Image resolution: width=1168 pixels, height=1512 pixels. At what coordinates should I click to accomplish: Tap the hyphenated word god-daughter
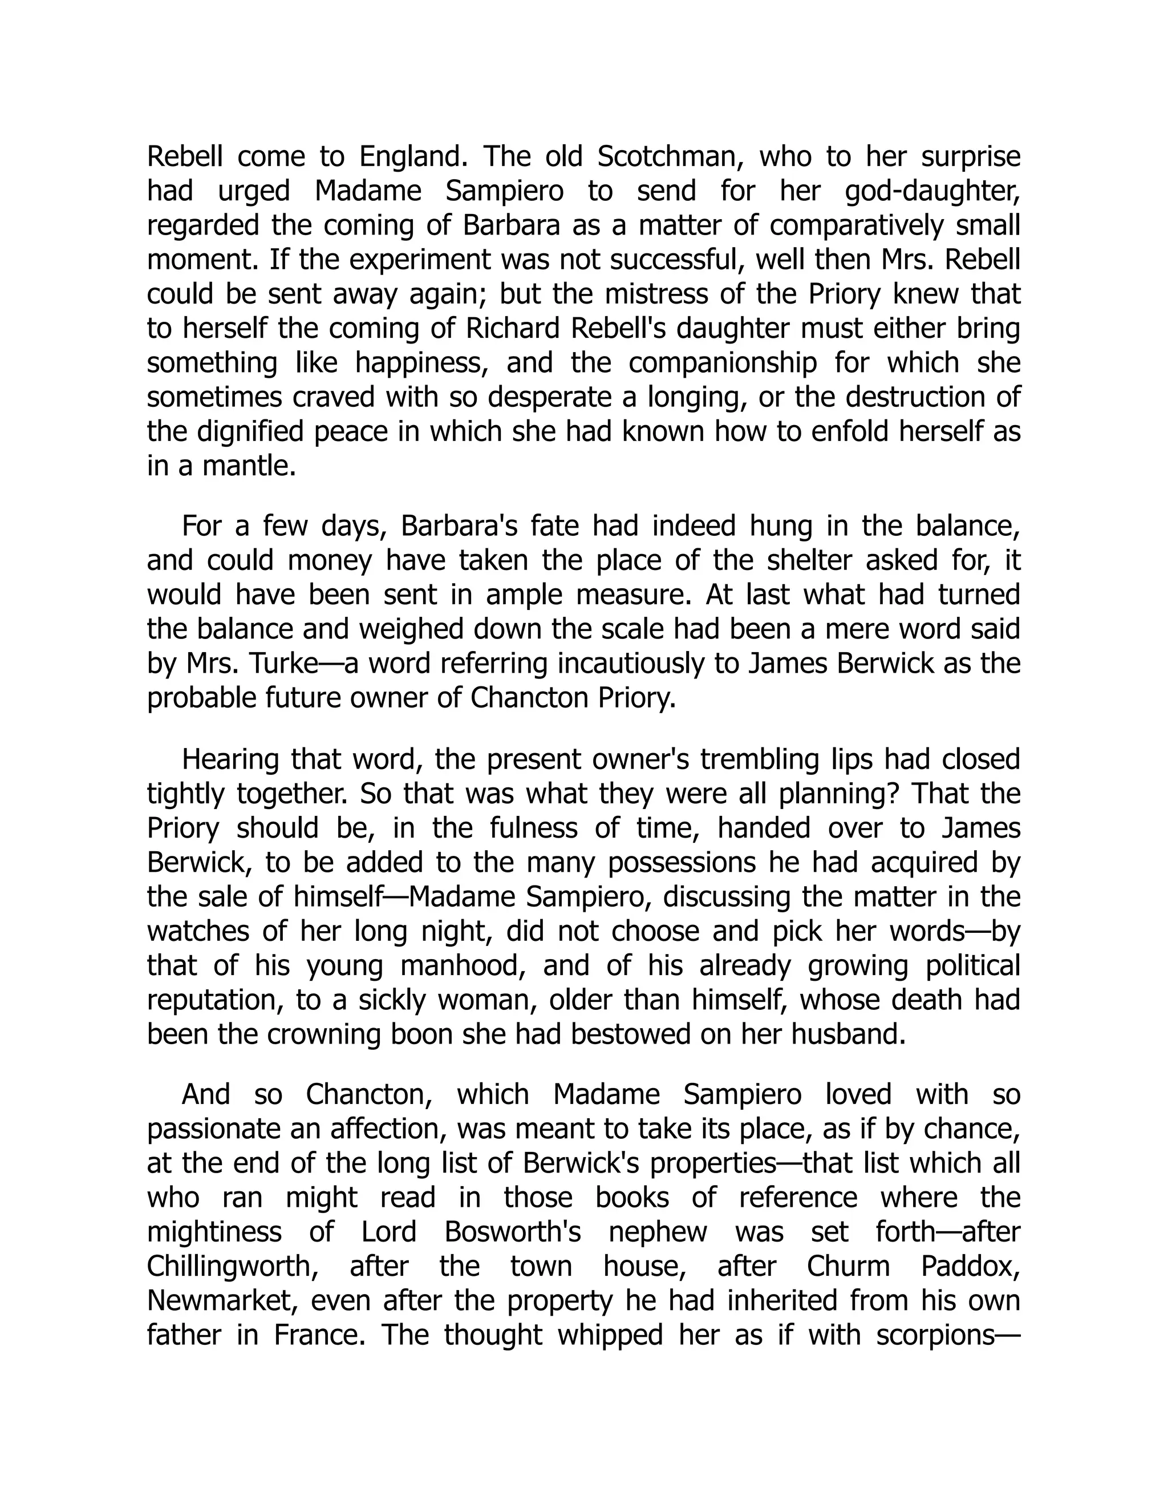(932, 192)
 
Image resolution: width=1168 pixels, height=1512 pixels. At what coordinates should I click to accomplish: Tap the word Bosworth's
(512, 1232)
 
